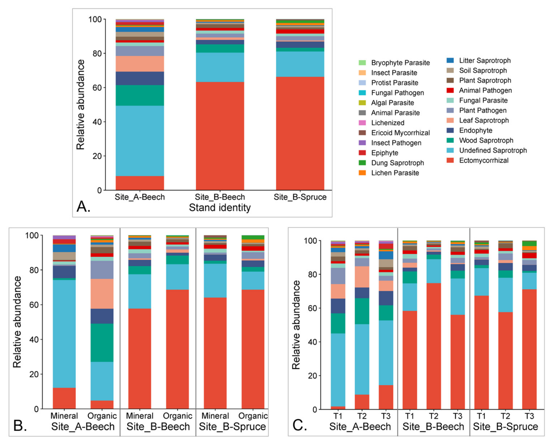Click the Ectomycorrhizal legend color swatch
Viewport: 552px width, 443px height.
tap(450, 160)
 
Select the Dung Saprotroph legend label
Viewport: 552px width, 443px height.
tap(397, 163)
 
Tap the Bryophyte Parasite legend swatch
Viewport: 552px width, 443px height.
tap(362, 63)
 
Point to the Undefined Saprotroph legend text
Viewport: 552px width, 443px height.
tap(493, 150)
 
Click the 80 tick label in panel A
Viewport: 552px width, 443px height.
tap(97, 54)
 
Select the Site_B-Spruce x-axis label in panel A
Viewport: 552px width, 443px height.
tap(300, 197)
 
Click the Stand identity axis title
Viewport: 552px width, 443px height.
tap(220, 208)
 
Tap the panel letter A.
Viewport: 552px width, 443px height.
tap(83, 207)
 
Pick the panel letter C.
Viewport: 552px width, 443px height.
tap(299, 425)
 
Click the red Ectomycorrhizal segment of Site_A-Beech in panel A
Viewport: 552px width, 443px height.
tap(140, 183)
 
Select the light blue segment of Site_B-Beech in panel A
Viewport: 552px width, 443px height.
tap(220, 67)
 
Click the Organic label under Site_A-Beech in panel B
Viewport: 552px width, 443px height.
tap(102, 416)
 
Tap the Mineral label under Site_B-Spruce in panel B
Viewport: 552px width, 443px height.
tap(215, 416)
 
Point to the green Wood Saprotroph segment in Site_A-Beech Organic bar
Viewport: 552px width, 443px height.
tap(102, 343)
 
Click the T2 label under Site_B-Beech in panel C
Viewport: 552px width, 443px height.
tap(434, 416)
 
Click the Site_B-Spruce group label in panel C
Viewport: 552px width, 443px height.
tap(505, 426)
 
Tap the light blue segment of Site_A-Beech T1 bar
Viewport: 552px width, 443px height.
tap(338, 370)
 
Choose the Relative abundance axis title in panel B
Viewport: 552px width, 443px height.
tap(17, 322)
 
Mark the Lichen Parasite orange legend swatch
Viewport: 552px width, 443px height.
tap(362, 173)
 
